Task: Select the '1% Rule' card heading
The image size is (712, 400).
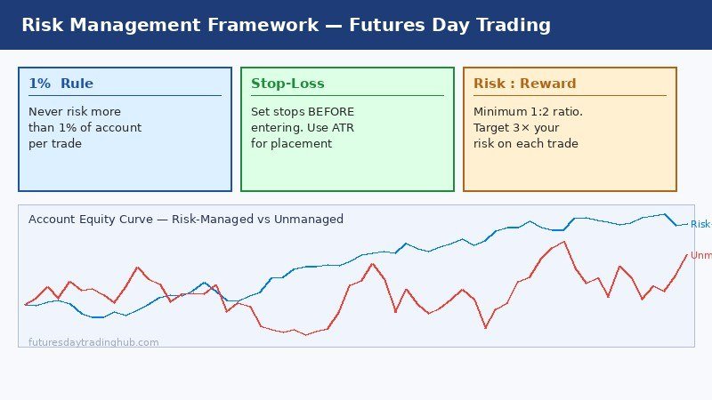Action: pyautogui.click(x=61, y=84)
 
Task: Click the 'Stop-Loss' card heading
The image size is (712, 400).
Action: pyautogui.click(x=287, y=84)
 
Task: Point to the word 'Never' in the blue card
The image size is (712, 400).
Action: pyautogui.click(x=45, y=112)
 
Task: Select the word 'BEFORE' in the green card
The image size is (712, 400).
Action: pyautogui.click(x=331, y=112)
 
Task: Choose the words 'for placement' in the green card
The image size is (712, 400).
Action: pyautogui.click(x=291, y=144)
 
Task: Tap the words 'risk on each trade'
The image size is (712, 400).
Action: pyautogui.click(x=526, y=144)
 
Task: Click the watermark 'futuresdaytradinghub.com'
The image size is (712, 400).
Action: pyautogui.click(x=93, y=342)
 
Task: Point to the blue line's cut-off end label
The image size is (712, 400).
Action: pyautogui.click(x=700, y=225)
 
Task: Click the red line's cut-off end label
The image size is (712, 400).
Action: pyautogui.click(x=701, y=256)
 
